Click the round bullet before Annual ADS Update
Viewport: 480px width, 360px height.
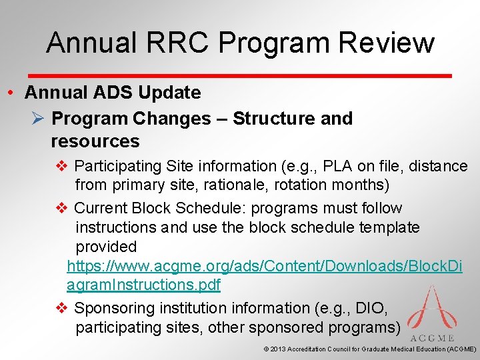click(12, 93)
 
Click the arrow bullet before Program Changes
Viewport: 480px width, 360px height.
click(37, 119)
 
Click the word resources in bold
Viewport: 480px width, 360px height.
click(95, 141)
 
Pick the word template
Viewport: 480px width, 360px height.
click(387, 227)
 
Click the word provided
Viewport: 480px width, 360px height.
click(106, 247)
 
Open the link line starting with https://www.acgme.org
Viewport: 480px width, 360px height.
click(265, 266)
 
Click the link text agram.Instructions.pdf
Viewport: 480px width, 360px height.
click(143, 285)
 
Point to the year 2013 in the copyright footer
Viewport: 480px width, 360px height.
click(279, 349)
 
